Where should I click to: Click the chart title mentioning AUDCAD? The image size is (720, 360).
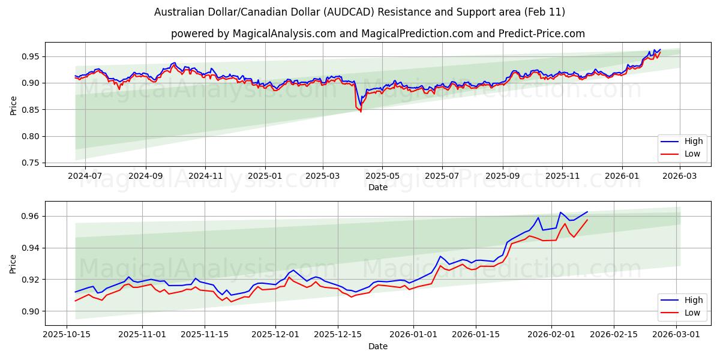[359, 12]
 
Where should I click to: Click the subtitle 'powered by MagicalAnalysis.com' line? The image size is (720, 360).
[377, 34]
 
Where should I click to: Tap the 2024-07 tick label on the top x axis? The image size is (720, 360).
[85, 176]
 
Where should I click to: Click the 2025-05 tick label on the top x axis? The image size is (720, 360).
[382, 176]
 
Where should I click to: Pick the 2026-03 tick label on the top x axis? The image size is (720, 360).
[679, 176]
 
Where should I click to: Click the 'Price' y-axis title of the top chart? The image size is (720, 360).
[13, 105]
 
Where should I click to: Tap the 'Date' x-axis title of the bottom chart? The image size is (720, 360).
[377, 346]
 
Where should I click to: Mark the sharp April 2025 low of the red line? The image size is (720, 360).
[361, 112]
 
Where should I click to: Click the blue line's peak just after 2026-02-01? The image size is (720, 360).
[560, 212]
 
